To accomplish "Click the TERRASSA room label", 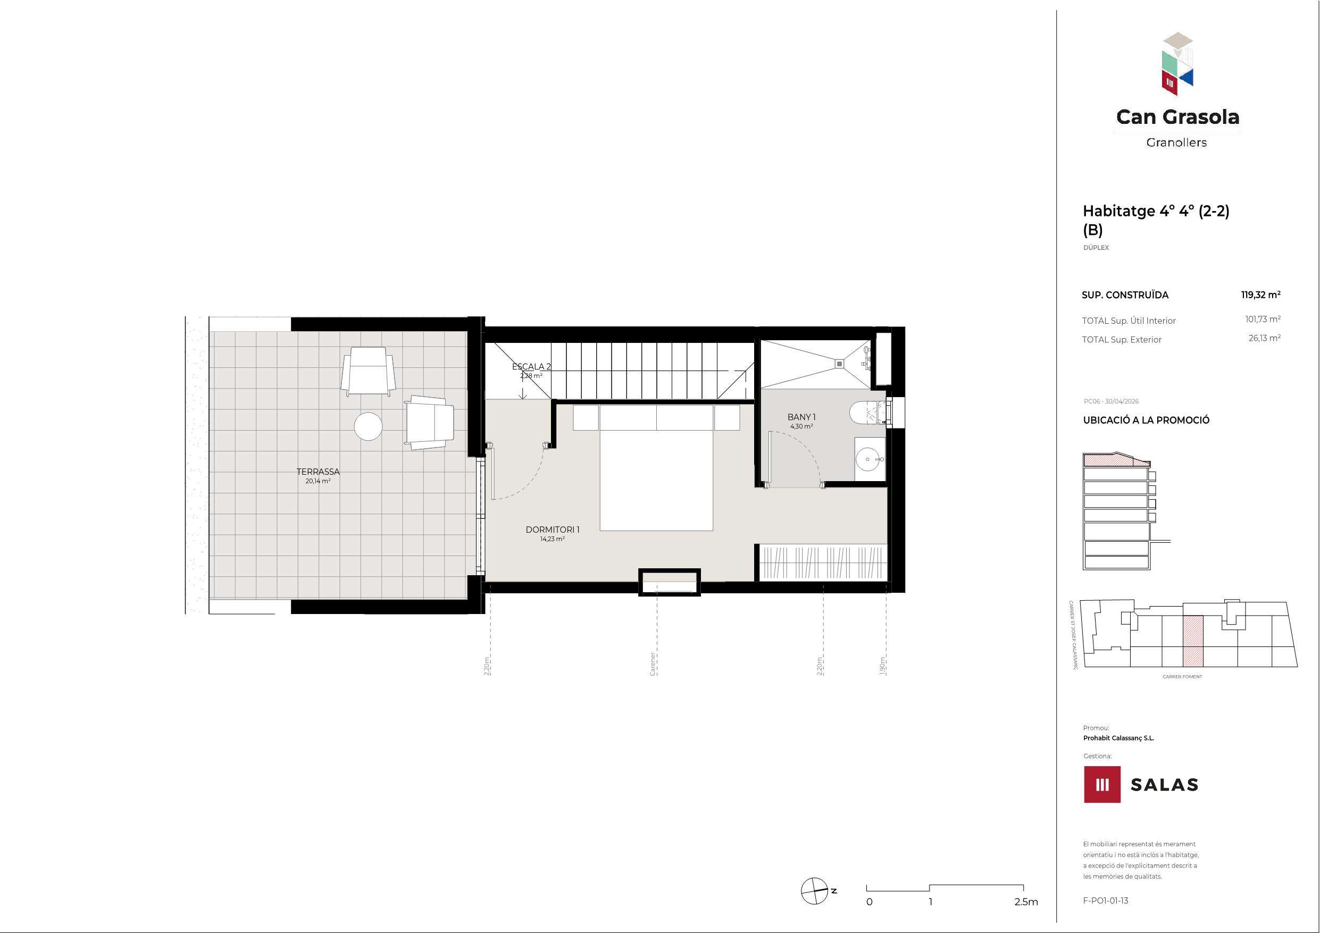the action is click(318, 472).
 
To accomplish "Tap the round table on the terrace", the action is click(368, 426).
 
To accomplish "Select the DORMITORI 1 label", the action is click(553, 529).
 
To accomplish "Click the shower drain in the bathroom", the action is click(839, 363).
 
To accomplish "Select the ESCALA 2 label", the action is click(531, 366).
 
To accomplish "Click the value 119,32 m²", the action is click(1260, 295).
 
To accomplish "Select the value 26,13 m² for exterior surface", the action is click(1264, 338).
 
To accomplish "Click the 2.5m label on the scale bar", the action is click(1026, 902).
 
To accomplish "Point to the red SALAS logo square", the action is click(1102, 784).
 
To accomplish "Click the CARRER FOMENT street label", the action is click(1182, 677).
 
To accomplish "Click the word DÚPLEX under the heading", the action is click(1096, 248).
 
